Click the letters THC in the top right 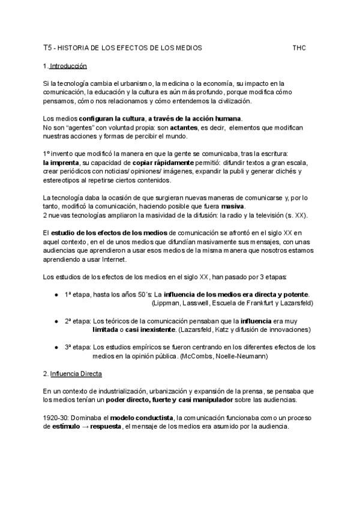(299, 47)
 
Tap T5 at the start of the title (47, 47)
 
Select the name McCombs (199, 357)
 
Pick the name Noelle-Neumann (244, 357)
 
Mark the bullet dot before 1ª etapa (56, 295)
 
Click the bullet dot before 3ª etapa (56, 348)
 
